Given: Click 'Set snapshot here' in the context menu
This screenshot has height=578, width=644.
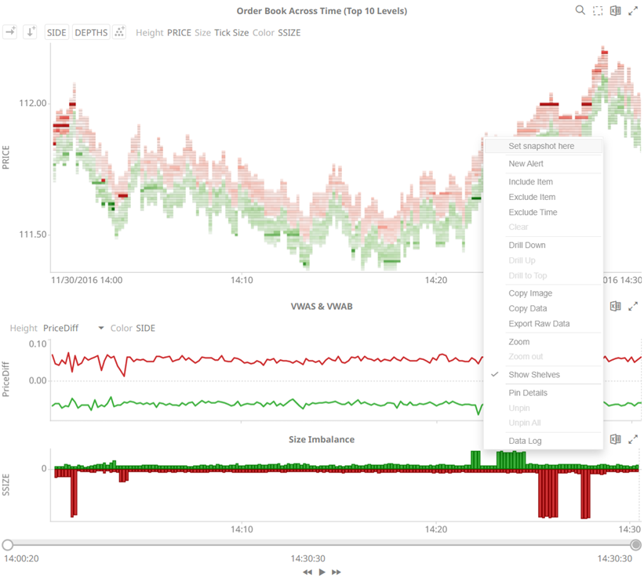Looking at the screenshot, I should [x=541, y=146].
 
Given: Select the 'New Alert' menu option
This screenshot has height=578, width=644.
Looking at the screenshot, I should [x=526, y=164].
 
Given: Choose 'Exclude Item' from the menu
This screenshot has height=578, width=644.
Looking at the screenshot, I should [x=532, y=197].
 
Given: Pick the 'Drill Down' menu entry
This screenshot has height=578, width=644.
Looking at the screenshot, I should [x=527, y=245].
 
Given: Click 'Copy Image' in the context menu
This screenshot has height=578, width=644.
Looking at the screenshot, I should [x=530, y=293].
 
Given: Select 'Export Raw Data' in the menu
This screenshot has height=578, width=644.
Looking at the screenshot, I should [x=539, y=324].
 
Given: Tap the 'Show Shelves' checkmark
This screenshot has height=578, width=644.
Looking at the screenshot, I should [x=495, y=375].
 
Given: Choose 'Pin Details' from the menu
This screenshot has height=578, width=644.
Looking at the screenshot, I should [x=528, y=393].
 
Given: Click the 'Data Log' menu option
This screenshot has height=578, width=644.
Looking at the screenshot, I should [x=525, y=441].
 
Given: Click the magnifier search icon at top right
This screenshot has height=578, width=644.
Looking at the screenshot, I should [x=580, y=10].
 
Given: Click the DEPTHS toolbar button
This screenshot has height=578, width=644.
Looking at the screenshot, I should [x=90, y=32].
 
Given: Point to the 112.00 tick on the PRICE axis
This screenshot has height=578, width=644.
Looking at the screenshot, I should [x=32, y=104].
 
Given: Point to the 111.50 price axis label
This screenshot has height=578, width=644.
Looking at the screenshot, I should [x=32, y=234].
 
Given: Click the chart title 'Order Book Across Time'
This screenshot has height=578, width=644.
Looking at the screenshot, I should [x=322, y=11].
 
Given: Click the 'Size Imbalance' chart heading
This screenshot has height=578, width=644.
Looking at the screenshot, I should [x=322, y=440].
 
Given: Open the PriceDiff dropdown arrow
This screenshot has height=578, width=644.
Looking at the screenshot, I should [x=101, y=329].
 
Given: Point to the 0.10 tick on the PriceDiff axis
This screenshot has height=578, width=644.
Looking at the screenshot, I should [x=37, y=344].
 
